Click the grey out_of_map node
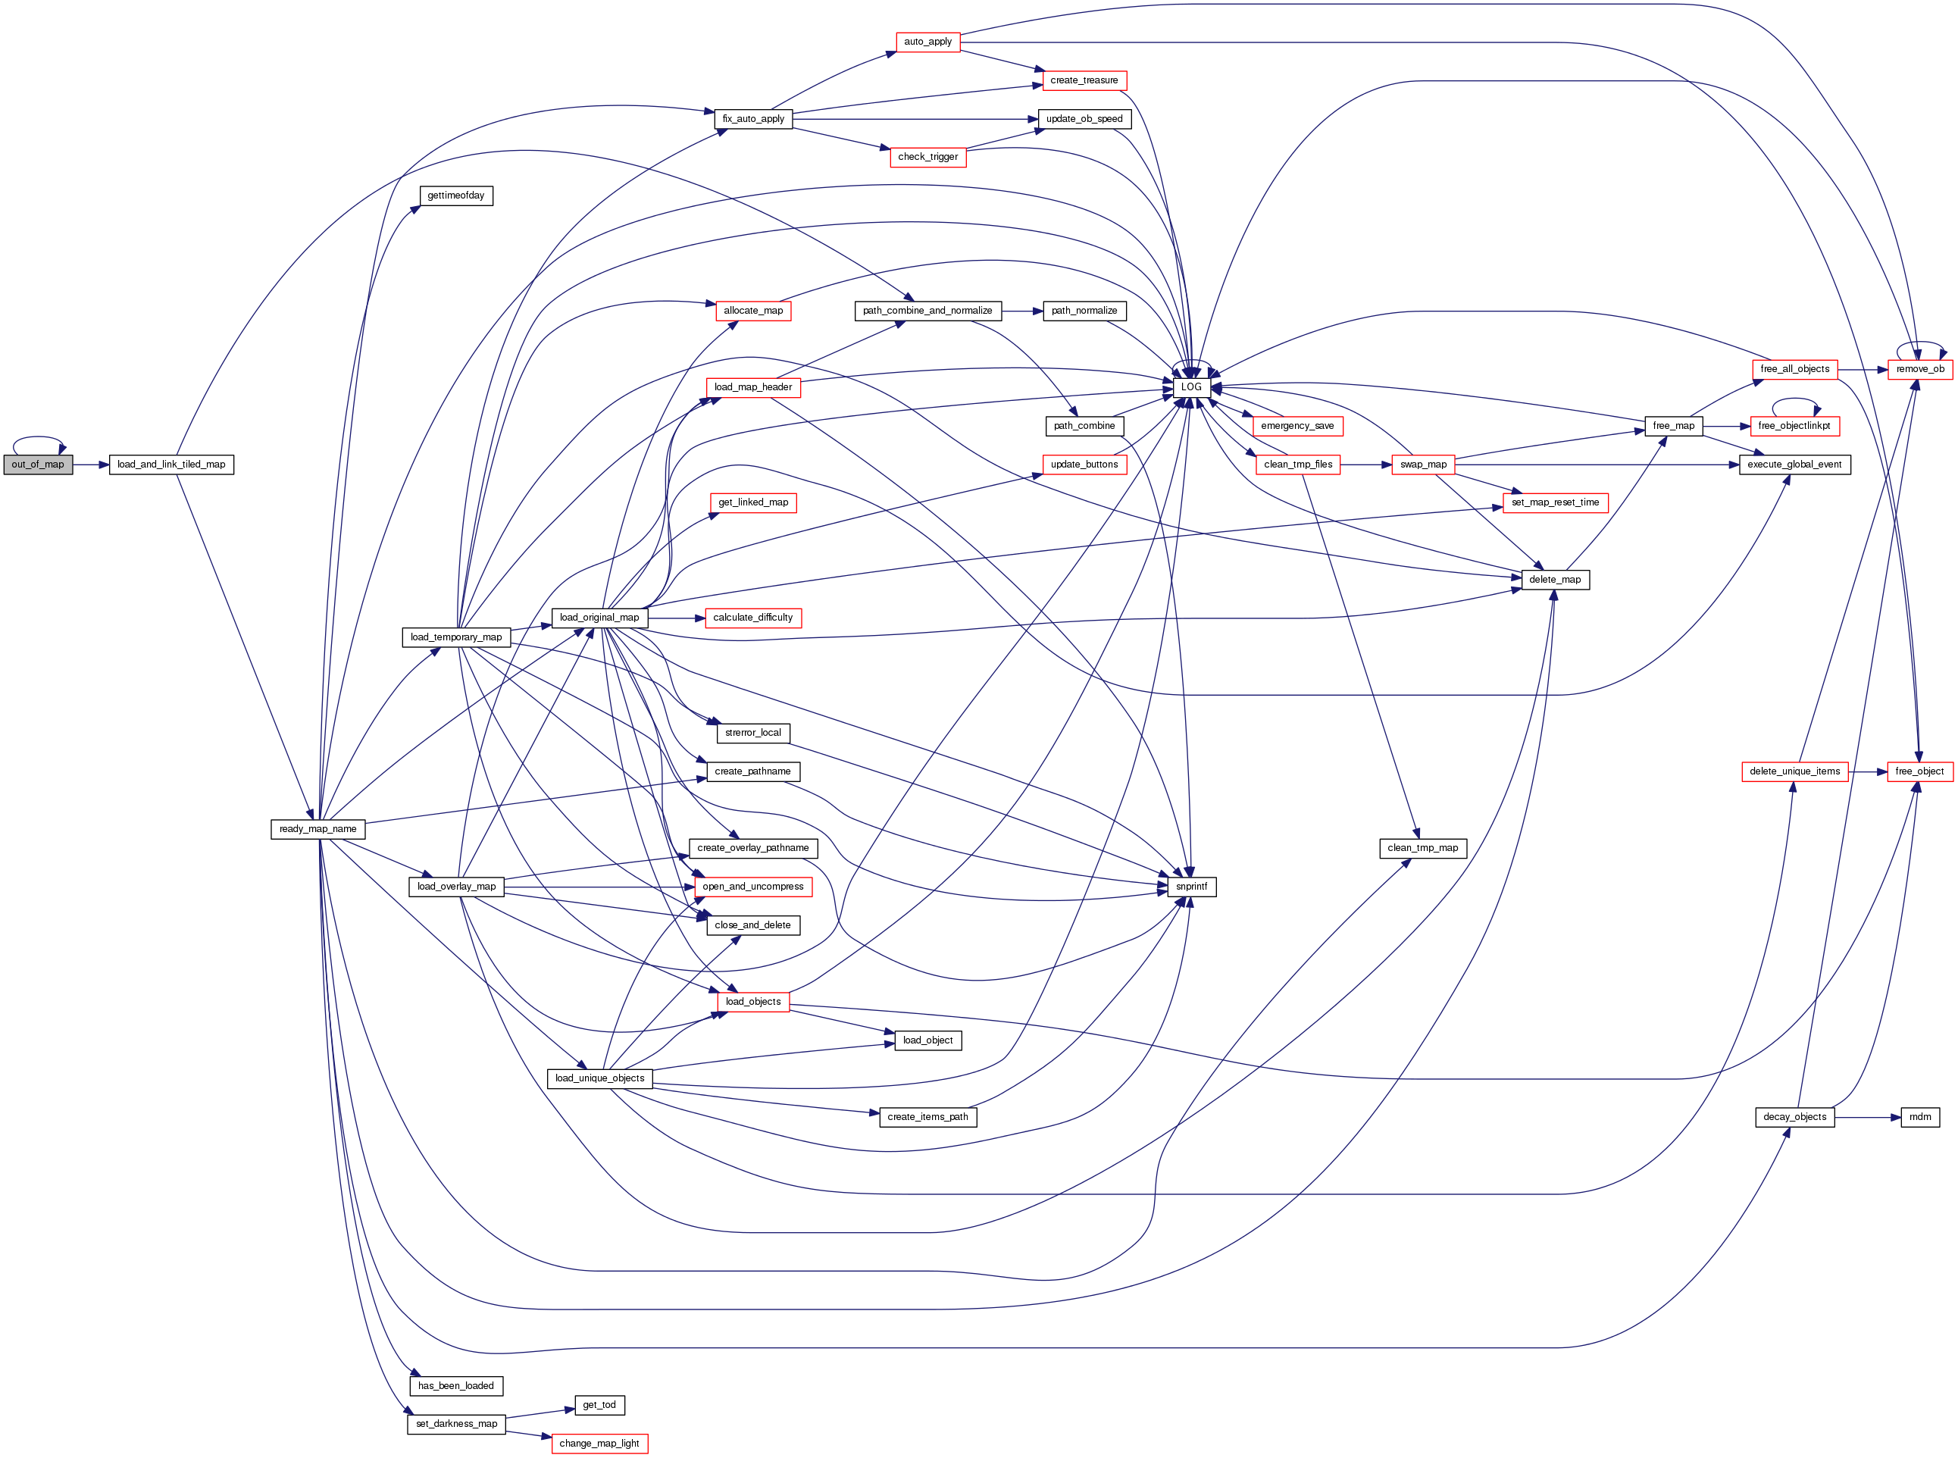38,465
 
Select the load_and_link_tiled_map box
171,465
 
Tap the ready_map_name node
317,829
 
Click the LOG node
1191,386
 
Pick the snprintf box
1191,886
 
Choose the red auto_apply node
927,42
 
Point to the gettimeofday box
455,195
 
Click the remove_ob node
1919,369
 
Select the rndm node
1919,1116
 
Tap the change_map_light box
599,1443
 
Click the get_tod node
599,1404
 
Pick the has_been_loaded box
455,1385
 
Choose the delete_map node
1555,579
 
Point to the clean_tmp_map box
1422,848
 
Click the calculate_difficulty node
752,618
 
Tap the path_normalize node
1084,311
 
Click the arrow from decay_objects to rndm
1867,1116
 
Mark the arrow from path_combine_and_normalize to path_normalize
1021,311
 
